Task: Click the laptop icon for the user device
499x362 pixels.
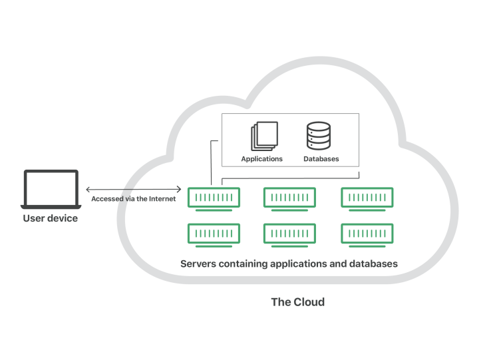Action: (51, 188)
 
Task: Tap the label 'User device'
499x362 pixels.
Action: (51, 218)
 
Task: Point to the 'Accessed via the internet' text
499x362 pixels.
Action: (133, 198)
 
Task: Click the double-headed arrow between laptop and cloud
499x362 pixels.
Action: (133, 189)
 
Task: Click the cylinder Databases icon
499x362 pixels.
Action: (318, 136)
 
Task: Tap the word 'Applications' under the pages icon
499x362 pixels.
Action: (262, 159)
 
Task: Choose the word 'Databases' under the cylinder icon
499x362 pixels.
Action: (321, 159)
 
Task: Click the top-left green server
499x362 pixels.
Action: (214, 198)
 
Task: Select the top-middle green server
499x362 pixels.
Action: (289, 198)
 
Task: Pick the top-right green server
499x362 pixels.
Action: (367, 198)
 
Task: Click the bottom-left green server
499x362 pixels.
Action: (214, 234)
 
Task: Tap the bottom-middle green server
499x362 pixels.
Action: (289, 234)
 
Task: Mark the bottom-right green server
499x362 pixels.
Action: (367, 234)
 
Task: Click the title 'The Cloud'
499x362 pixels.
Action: (297, 302)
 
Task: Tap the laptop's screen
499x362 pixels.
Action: (51, 186)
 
